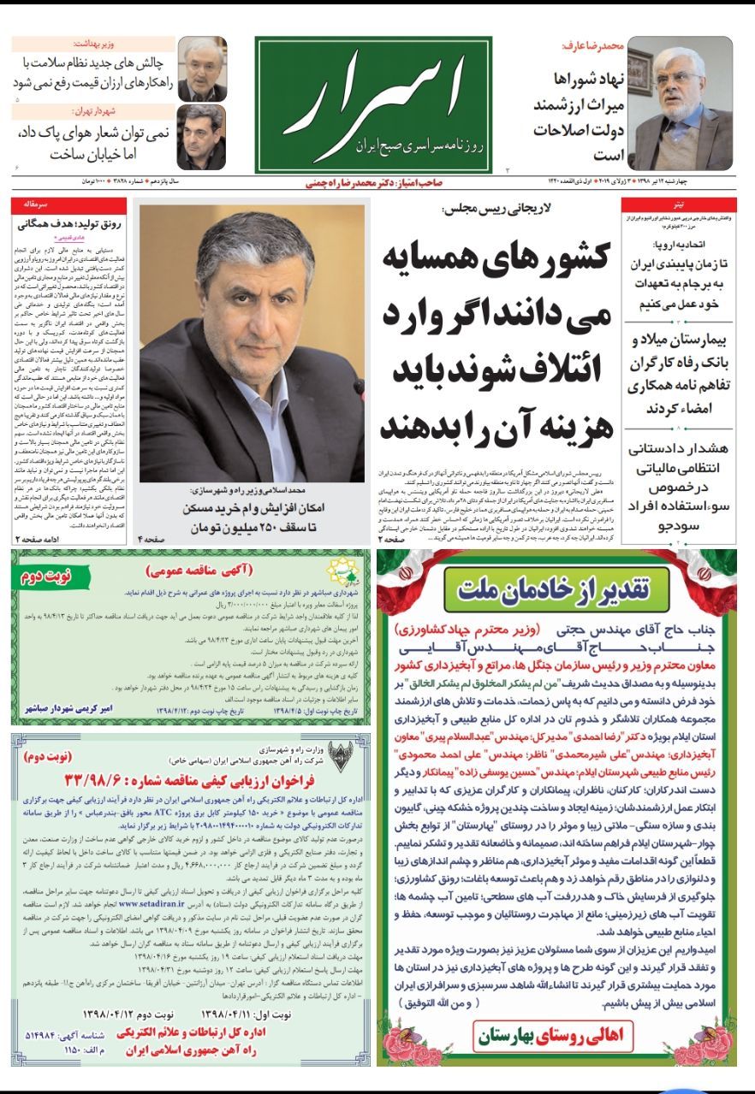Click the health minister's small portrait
coord(202,68)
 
